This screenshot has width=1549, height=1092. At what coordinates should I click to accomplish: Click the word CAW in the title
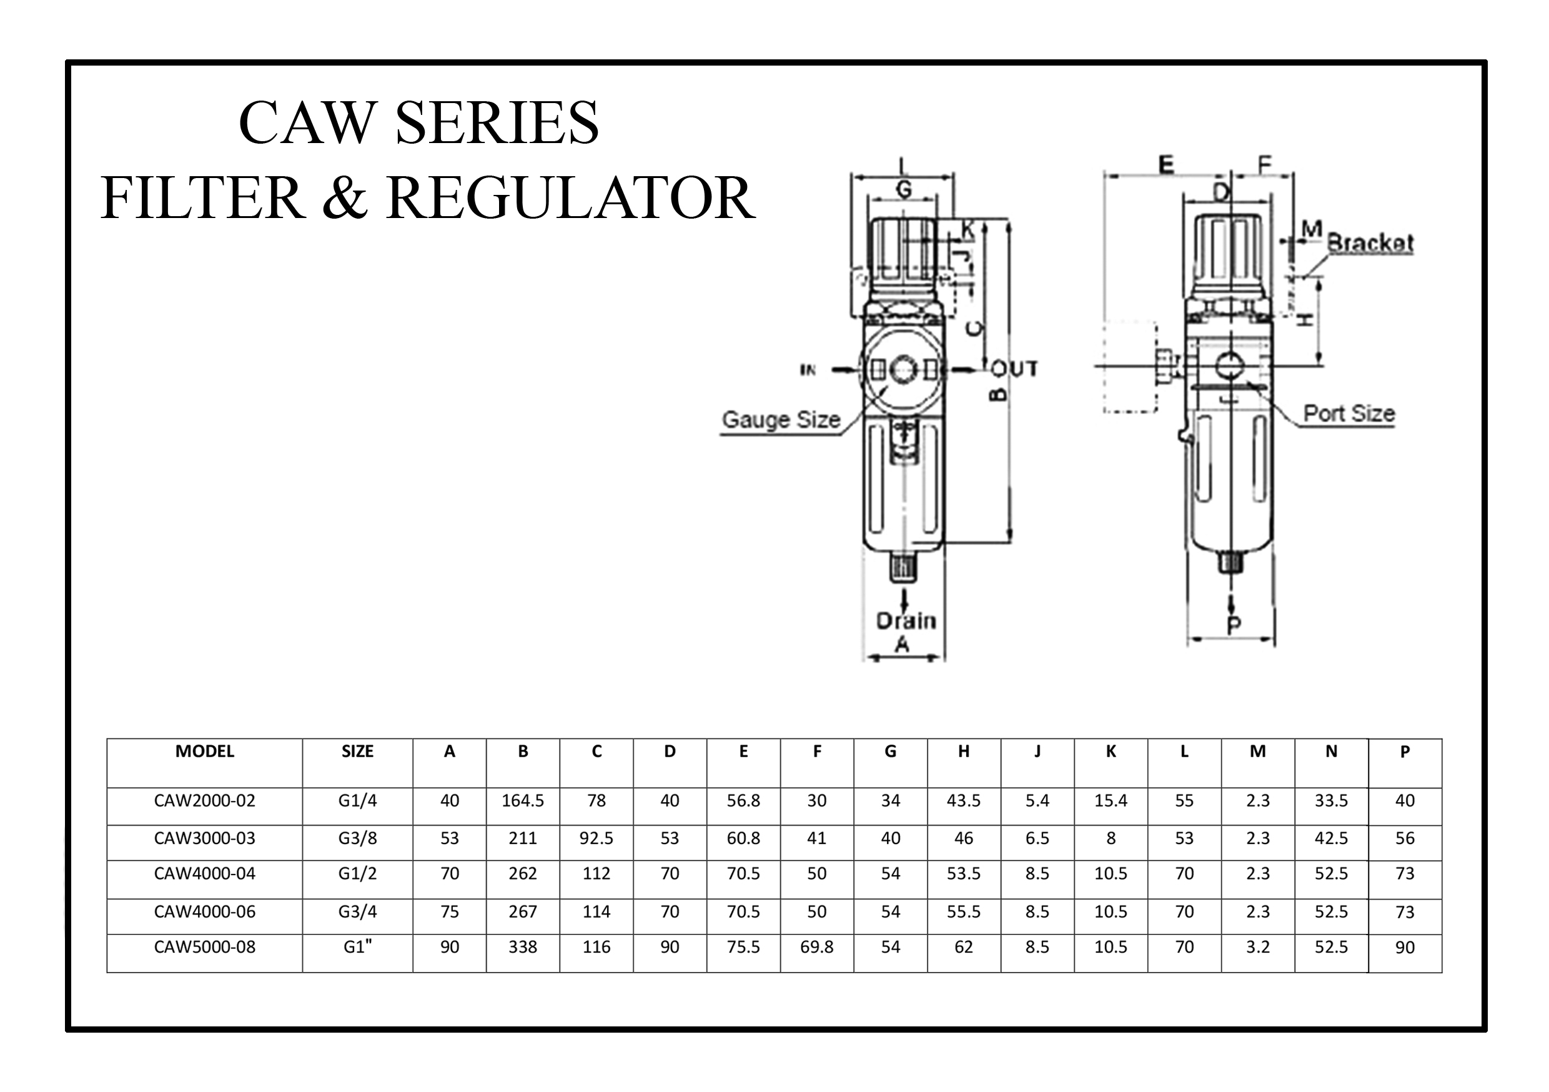[x=307, y=123]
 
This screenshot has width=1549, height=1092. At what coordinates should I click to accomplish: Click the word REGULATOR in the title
[x=571, y=199]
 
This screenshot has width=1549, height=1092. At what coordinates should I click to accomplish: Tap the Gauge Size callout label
[x=781, y=420]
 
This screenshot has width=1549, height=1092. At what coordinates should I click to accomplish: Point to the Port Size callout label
[x=1349, y=413]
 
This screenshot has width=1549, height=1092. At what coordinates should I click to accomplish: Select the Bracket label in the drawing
[x=1370, y=243]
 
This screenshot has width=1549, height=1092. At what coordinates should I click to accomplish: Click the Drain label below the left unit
[x=906, y=621]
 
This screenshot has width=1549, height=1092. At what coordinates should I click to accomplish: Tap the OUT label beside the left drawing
[x=1015, y=369]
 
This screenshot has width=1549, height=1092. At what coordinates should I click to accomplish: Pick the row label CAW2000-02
[x=204, y=801]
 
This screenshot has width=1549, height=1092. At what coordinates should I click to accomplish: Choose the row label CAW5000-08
[x=204, y=948]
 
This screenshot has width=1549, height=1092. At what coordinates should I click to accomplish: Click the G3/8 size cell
[x=357, y=838]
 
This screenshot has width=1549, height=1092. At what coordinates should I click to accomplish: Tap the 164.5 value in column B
[x=523, y=801]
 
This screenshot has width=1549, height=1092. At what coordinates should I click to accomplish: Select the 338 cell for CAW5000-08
[x=523, y=948]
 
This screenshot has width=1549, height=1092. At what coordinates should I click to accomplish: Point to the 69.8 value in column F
[x=816, y=948]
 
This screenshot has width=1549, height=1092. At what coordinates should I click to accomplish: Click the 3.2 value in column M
[x=1257, y=948]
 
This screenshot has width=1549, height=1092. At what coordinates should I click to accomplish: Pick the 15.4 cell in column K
[x=1111, y=801]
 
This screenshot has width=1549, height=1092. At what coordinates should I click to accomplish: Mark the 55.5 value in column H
[x=963, y=913]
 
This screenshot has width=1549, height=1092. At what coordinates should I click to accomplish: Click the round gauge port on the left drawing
[x=902, y=370]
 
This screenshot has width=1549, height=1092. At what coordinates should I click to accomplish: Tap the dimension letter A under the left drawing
[x=902, y=645]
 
